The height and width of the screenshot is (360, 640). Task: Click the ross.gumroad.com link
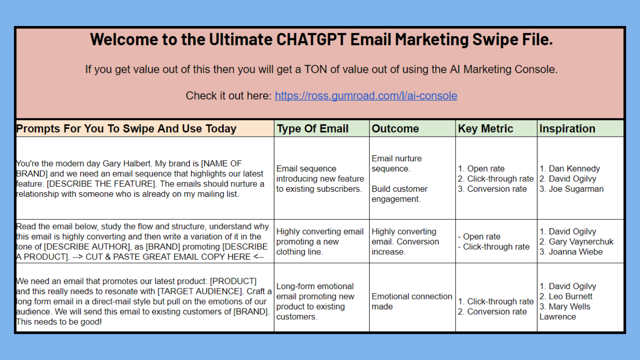click(366, 96)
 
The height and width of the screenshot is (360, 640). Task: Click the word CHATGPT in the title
click(311, 40)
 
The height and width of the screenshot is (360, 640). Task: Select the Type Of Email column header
click(312, 129)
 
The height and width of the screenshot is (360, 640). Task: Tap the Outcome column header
click(395, 129)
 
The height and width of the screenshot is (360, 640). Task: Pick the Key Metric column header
click(485, 129)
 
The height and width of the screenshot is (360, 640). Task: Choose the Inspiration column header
click(567, 129)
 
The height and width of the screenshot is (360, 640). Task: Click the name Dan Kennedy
click(574, 169)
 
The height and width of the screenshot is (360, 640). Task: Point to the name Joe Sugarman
click(576, 189)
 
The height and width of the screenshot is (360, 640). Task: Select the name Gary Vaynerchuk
click(581, 242)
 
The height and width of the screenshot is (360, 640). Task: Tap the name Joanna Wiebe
click(575, 252)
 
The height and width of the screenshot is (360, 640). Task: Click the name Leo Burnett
click(570, 296)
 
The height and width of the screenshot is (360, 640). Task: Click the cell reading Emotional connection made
click(412, 301)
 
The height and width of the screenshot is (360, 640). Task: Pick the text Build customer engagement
click(399, 194)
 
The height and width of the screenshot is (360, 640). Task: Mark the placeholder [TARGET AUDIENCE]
click(200, 291)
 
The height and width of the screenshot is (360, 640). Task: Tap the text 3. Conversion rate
click(492, 189)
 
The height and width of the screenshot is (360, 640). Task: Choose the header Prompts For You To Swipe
click(126, 129)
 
